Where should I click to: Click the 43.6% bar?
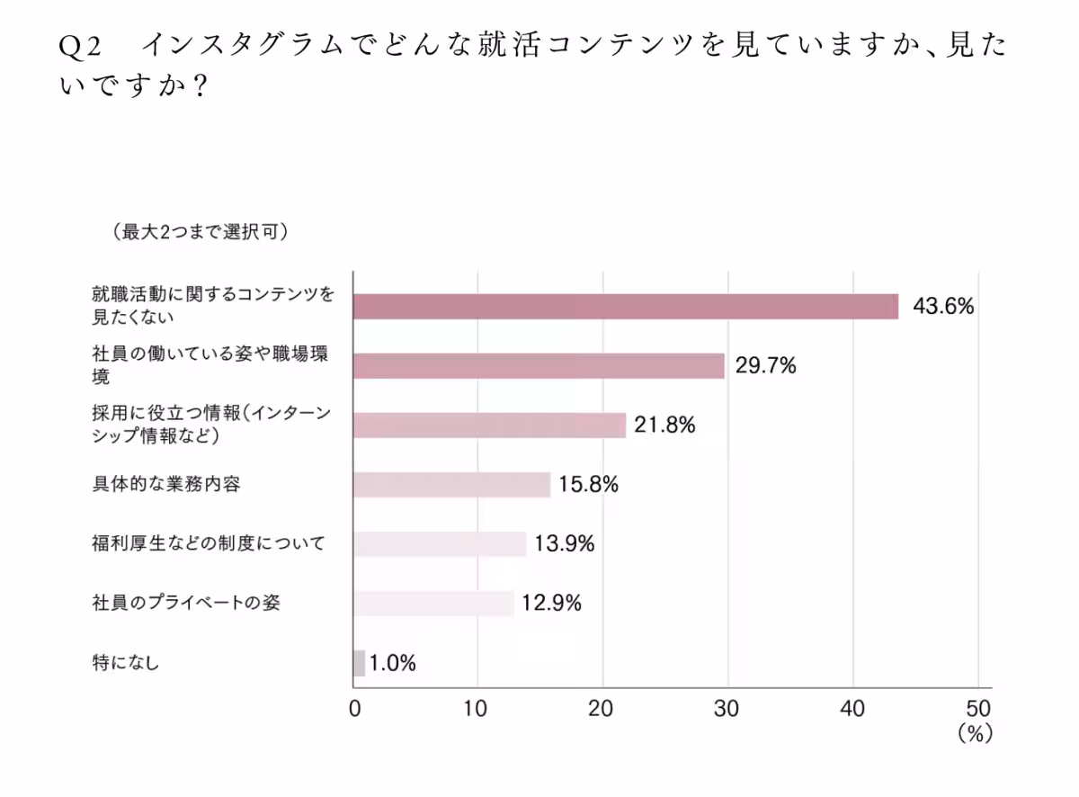click(x=625, y=307)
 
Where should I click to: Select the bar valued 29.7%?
click(x=539, y=366)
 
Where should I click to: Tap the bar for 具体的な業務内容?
click(x=451, y=485)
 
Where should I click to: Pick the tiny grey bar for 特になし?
click(x=359, y=663)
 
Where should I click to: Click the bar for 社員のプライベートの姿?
click(x=433, y=603)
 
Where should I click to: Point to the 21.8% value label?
click(x=664, y=425)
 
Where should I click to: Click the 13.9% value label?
click(x=565, y=543)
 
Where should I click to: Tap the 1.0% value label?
click(x=392, y=663)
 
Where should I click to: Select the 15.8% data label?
click(x=588, y=485)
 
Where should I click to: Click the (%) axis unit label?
click(x=974, y=734)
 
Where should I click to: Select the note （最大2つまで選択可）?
click(x=200, y=232)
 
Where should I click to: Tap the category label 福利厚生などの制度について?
click(x=208, y=543)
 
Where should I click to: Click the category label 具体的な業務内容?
click(x=166, y=485)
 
